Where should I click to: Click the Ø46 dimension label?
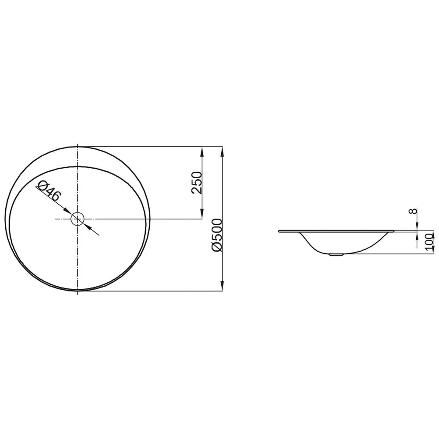pyautogui.click(x=48, y=191)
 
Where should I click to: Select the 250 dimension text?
pyautogui.click(x=197, y=183)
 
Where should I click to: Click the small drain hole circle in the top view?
pyautogui.click(x=77, y=219)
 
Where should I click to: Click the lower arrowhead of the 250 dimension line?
pyautogui.click(x=202, y=214)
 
